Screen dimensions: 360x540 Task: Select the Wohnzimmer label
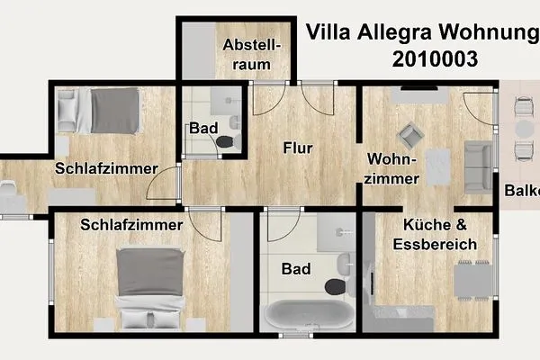pos(393,168)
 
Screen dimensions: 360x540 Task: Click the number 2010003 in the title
pos(435,59)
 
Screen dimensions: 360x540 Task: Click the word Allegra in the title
pos(392,33)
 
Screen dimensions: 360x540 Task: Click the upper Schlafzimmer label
pos(106,168)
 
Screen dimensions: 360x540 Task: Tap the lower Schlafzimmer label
pos(131,224)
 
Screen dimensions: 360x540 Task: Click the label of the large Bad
pos(295,268)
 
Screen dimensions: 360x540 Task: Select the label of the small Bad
pos(202,129)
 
